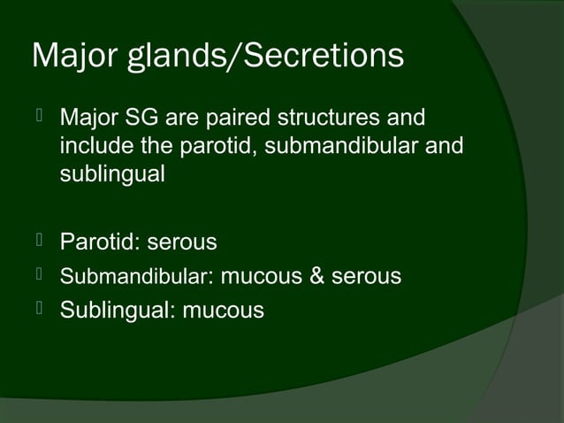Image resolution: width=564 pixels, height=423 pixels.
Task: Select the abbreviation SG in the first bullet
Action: pyautogui.click(x=140, y=118)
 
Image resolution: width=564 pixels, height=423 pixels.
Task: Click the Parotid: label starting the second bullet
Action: pyautogui.click(x=99, y=241)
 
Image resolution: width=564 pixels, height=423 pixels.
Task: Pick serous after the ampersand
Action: pyautogui.click(x=366, y=277)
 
